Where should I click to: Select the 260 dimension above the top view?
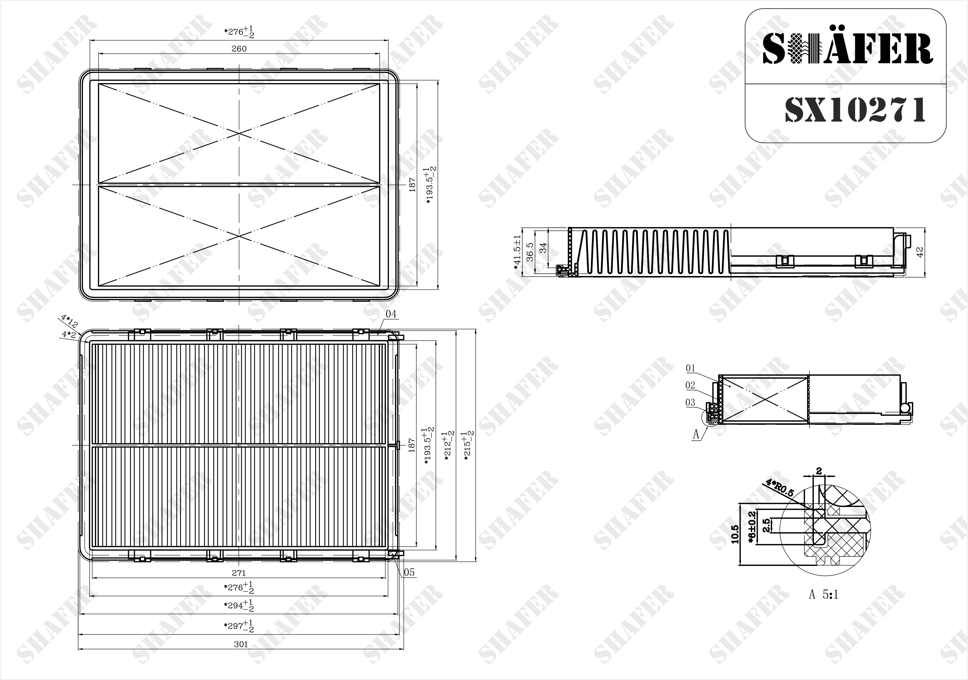239,49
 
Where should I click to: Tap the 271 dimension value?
239,573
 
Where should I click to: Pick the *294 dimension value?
239,606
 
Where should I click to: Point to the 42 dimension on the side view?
920,252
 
